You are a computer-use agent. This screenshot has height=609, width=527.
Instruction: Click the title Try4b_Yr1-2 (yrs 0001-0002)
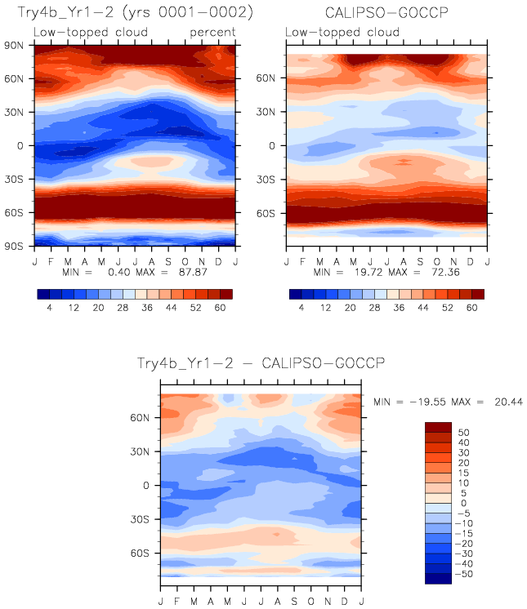tap(135, 14)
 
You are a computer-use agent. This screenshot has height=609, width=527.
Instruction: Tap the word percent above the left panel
tap(212, 32)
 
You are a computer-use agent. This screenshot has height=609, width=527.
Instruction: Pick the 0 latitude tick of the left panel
tap(25, 145)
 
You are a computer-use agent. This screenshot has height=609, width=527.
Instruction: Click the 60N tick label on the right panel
tap(270, 79)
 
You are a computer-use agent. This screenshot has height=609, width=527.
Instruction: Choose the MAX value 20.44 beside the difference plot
tap(506, 402)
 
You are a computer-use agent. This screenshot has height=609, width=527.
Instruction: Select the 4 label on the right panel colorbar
tap(301, 309)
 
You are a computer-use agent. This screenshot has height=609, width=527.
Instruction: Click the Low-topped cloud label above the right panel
tap(342, 32)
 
